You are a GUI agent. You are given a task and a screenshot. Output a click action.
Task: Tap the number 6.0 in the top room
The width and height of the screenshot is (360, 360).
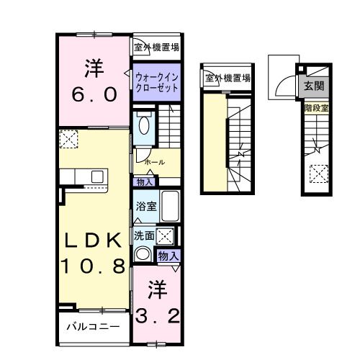point(96,94)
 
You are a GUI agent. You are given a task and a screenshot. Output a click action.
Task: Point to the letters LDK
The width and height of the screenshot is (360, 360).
point(92,240)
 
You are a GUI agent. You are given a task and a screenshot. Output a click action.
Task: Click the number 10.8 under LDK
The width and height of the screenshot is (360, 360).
point(92,266)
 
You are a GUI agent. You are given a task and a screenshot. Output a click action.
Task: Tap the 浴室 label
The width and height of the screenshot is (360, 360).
point(145,206)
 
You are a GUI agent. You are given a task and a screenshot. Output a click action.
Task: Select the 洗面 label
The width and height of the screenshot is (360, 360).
point(143,235)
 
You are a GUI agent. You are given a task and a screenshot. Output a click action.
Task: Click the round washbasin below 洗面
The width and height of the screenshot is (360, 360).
point(143,254)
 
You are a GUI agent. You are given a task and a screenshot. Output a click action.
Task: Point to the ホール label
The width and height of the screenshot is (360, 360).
point(154,163)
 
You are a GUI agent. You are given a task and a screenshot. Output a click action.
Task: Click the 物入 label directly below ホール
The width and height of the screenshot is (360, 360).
point(144,182)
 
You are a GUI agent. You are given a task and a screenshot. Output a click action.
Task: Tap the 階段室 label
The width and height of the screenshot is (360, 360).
point(315,108)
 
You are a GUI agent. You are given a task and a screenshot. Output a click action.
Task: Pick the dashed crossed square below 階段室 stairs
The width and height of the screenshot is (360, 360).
point(317,174)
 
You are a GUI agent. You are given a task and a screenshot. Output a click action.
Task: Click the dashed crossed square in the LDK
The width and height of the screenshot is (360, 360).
point(69,138)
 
